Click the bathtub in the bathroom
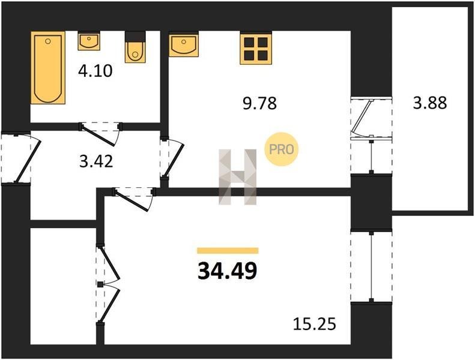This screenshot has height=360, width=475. tap(48, 67)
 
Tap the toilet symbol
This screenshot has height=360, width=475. tap(135, 47)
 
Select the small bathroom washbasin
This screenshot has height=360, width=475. tap(89, 41)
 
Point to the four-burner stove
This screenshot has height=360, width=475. tap(256, 48)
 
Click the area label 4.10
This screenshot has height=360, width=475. tap(95, 71)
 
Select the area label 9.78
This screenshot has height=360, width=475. tap(260, 103)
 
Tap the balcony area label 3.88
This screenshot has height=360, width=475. tap(430, 103)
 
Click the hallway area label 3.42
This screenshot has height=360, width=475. tap(96, 161)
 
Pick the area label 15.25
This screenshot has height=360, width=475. tap(315, 324)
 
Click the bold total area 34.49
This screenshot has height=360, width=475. tap(227, 271)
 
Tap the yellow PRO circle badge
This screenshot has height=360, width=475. tap(282, 149)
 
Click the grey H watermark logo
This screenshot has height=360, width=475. tap(238, 177)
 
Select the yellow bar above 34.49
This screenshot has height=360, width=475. tap(228, 250)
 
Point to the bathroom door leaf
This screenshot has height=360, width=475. tap(99, 135)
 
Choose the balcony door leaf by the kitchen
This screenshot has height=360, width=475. tap(360, 117)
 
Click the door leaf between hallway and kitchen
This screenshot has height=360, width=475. tap(174, 160)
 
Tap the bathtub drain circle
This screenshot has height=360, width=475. tap(48, 41)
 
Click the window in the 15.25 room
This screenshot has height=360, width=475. tap(371, 266)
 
